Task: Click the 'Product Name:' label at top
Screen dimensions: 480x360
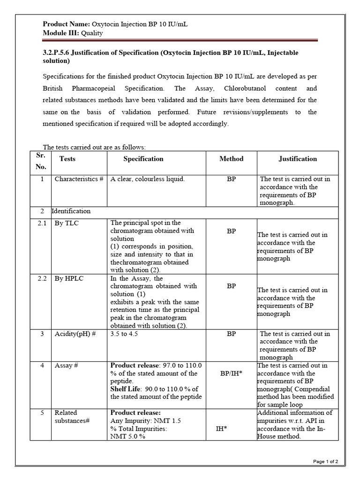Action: [63, 24]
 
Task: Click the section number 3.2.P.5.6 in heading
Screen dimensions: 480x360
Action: [61, 53]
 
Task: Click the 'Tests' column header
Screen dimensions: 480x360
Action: [67, 159]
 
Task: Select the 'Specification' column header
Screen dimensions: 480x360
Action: [143, 159]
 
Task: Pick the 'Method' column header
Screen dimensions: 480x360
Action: [231, 159]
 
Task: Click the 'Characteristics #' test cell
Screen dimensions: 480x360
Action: [79, 179]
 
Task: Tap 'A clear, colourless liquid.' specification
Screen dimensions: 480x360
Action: [147, 179]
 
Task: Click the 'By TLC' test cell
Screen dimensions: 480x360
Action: [67, 223]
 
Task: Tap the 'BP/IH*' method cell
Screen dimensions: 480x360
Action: [231, 374]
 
